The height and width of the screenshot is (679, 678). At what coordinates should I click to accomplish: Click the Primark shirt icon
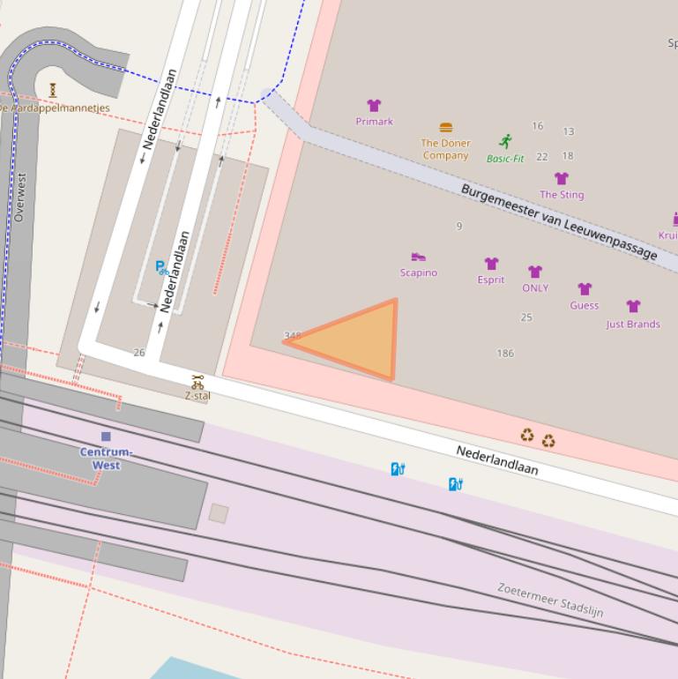click(x=374, y=106)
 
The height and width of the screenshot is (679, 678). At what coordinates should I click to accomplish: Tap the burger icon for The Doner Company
click(x=446, y=128)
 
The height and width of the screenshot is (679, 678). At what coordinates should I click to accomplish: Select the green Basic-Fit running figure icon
click(x=505, y=141)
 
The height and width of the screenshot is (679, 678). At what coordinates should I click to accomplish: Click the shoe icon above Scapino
click(x=418, y=257)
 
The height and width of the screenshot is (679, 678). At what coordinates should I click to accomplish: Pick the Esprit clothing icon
click(x=491, y=264)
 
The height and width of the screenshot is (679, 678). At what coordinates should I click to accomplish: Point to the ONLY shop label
click(x=535, y=288)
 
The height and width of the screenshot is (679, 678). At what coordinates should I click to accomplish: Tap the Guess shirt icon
click(x=584, y=289)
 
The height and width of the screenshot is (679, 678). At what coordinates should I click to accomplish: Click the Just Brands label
click(x=633, y=325)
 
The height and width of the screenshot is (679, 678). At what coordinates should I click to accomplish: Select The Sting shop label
click(x=562, y=195)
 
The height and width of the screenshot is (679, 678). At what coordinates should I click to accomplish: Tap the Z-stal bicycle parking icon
click(x=197, y=382)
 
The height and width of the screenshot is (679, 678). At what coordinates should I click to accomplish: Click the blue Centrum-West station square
click(x=106, y=436)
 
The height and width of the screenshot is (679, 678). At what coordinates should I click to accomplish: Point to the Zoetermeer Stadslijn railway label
click(x=550, y=600)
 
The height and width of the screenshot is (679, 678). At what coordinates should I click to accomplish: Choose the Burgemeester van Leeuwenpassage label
click(x=559, y=221)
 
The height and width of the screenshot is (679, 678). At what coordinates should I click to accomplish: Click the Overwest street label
click(x=20, y=197)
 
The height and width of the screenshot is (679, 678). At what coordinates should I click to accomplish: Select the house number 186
click(x=505, y=354)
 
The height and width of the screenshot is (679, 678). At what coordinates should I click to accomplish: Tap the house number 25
click(x=526, y=317)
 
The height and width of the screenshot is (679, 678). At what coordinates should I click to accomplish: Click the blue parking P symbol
click(x=160, y=266)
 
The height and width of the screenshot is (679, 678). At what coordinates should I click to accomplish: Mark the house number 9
click(x=459, y=227)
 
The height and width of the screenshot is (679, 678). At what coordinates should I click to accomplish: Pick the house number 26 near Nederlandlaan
click(x=138, y=353)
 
